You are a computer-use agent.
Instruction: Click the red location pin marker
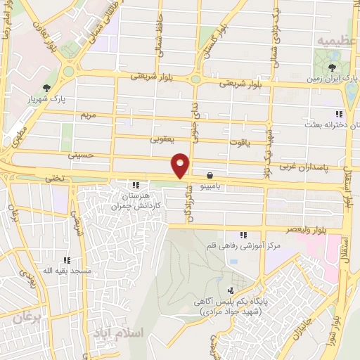click(x=181, y=165)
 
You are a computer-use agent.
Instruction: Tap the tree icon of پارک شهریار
click(x=46, y=88)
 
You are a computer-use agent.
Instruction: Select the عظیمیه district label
click(x=333, y=41)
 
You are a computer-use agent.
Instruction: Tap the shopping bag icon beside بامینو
click(x=210, y=176)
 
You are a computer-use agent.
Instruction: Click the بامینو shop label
click(x=210, y=187)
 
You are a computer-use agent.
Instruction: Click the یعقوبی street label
click(x=161, y=139)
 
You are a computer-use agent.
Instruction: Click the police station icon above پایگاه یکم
click(x=231, y=290)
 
